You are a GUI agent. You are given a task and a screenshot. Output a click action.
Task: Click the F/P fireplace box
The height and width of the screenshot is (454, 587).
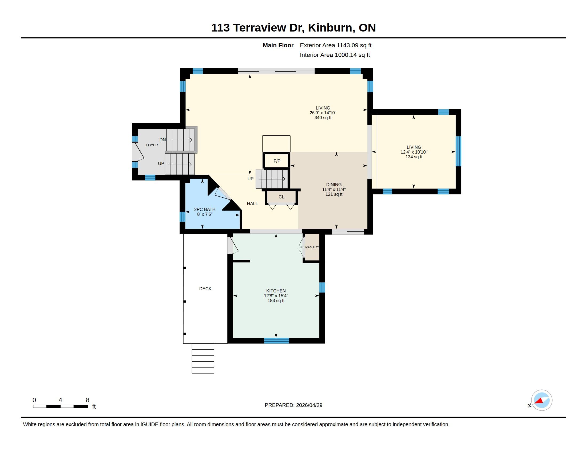pyautogui.click(x=277, y=161)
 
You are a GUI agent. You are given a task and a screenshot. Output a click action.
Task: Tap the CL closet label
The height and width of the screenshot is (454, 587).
pyautogui.click(x=281, y=197)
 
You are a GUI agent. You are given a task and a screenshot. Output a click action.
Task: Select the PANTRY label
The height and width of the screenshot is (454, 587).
pyautogui.click(x=312, y=247)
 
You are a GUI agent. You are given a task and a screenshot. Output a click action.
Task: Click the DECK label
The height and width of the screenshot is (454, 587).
pyautogui.click(x=205, y=289)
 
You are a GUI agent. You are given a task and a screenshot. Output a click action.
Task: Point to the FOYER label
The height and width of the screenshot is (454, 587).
pyautogui.click(x=152, y=145)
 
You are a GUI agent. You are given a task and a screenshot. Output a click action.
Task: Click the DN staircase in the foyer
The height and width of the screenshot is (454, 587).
pyautogui.click(x=180, y=140)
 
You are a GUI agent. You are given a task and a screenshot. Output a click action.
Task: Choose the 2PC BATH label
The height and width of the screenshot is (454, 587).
pyautogui.click(x=205, y=209)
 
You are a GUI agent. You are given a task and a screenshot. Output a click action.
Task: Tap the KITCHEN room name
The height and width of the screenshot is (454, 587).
pyautogui.click(x=276, y=291)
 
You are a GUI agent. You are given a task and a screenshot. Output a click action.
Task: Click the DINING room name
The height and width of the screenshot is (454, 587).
pyautogui.click(x=334, y=185)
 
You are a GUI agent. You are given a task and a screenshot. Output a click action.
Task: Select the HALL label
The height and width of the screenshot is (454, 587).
pyautogui.click(x=252, y=203)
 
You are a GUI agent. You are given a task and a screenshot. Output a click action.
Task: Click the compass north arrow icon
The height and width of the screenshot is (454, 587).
pyautogui.click(x=541, y=400)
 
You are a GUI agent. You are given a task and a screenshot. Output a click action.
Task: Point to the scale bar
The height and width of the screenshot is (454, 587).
pyautogui.click(x=61, y=406)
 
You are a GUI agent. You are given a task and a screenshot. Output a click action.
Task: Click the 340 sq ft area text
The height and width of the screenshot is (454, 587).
pyautogui.click(x=323, y=118)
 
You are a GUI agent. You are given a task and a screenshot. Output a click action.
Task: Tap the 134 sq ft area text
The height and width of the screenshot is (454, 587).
pyautogui.click(x=414, y=157)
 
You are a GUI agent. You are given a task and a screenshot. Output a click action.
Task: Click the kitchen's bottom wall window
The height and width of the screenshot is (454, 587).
pyautogui.click(x=277, y=341)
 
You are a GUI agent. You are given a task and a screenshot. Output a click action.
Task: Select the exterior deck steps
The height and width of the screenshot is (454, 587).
pyautogui.click(x=203, y=358)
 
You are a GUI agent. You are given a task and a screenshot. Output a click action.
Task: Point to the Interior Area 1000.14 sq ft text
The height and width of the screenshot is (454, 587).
pyautogui.click(x=335, y=55)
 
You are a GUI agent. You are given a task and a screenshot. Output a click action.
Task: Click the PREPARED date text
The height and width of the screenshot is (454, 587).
pyautogui.click(x=293, y=405)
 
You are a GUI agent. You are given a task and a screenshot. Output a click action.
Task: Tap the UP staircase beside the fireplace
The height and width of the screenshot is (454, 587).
pyautogui.click(x=272, y=179)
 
